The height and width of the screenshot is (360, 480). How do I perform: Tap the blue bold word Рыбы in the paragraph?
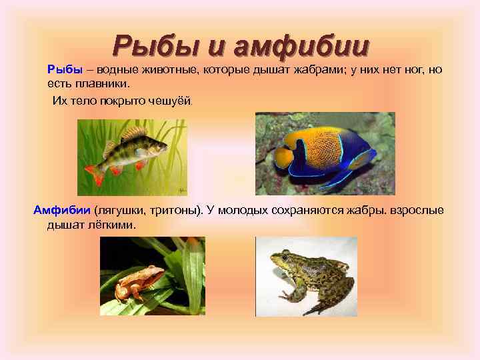pos(64,69)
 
